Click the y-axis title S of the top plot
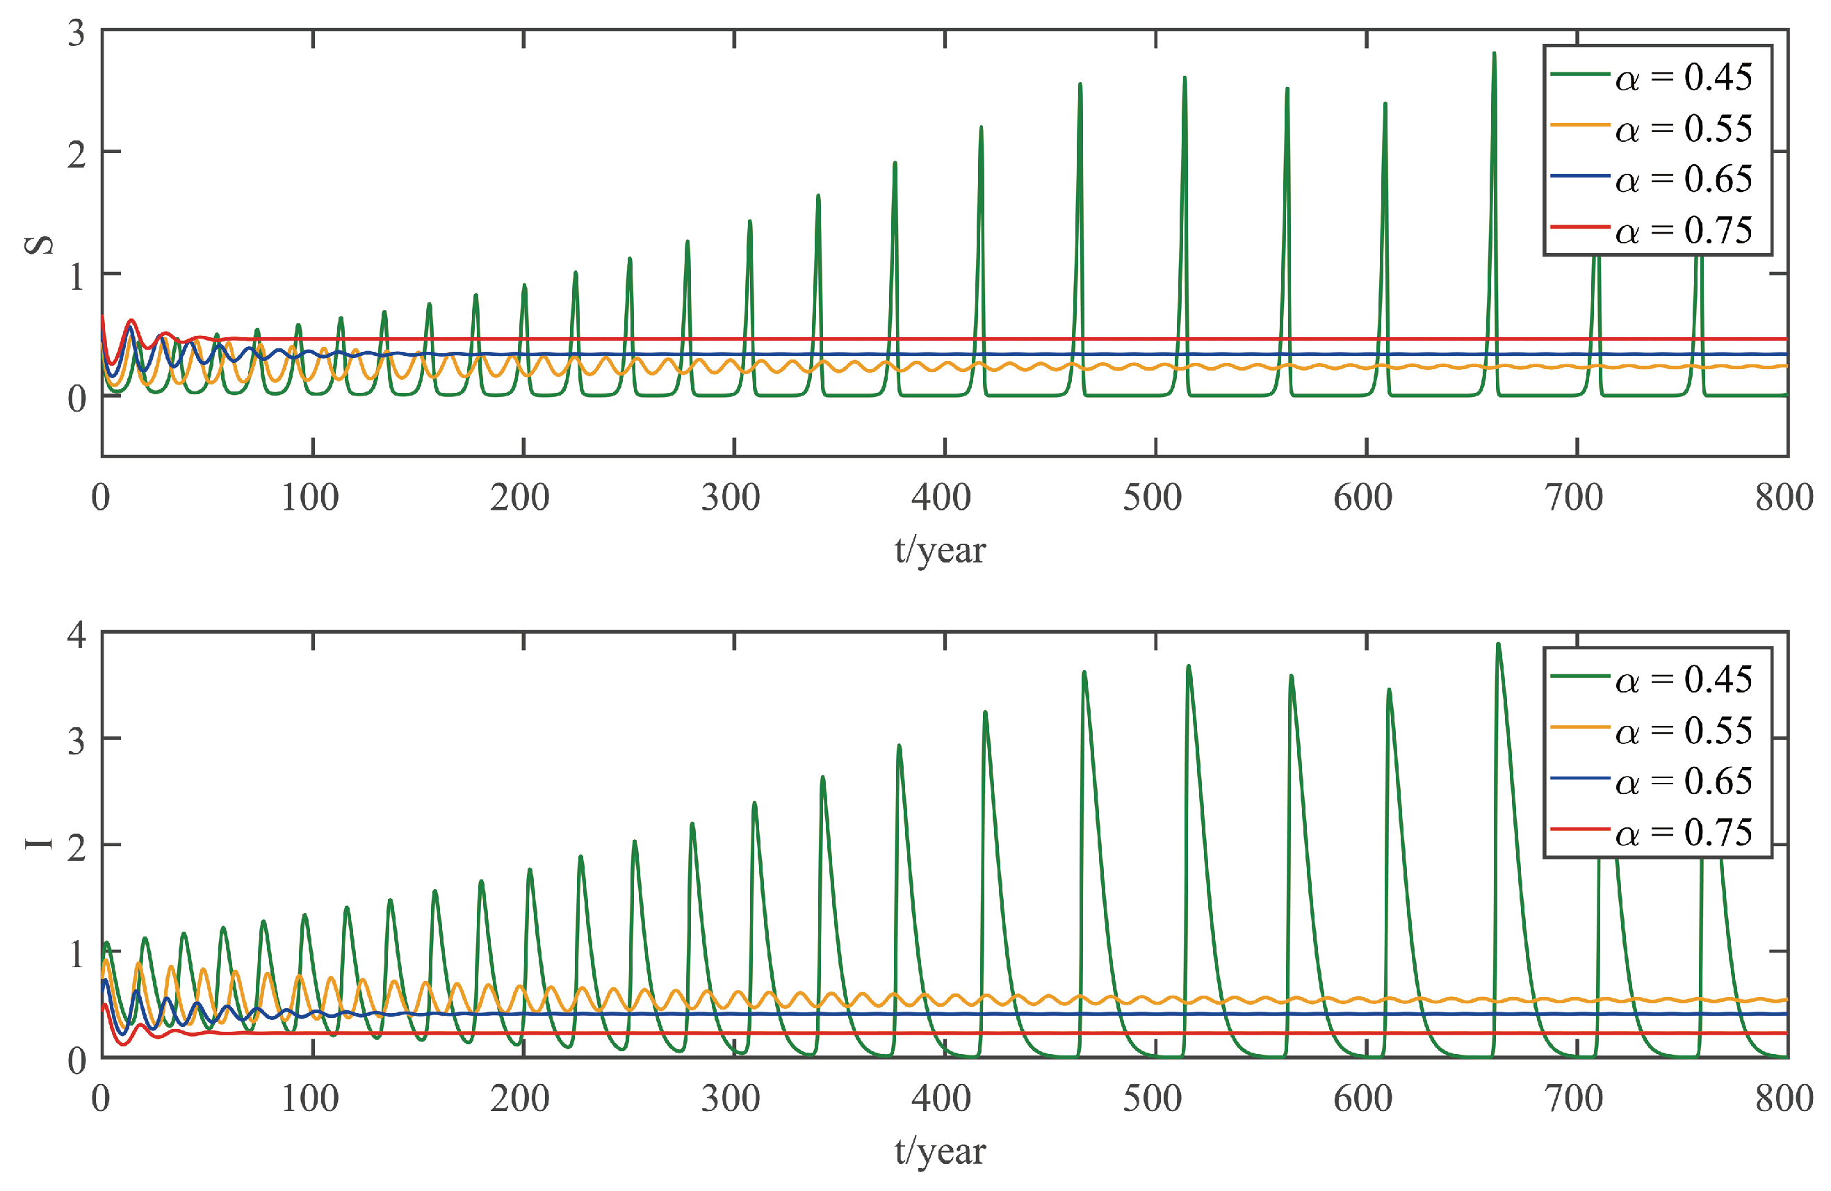tap(38, 244)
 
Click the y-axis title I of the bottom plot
tap(38, 843)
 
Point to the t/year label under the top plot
tap(939, 550)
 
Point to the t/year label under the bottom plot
tap(939, 1151)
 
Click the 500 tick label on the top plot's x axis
tap(1152, 498)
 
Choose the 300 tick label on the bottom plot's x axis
tap(730, 1099)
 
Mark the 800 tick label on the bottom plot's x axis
tap(1783, 1099)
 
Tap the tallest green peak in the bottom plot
tap(1498, 645)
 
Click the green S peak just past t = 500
tap(1184, 79)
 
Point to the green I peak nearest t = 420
tap(985, 713)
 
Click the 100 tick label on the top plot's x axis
tap(309, 498)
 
